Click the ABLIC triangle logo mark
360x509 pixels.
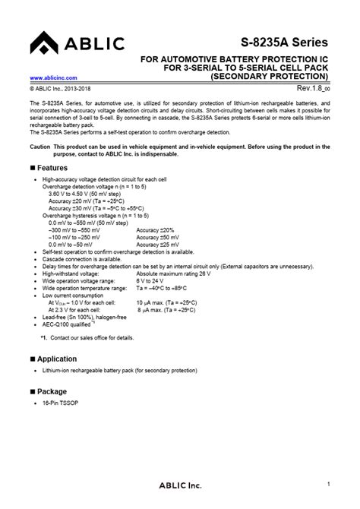(40, 45)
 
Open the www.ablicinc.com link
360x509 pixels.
(55, 77)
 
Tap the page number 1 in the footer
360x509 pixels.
(328, 485)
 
